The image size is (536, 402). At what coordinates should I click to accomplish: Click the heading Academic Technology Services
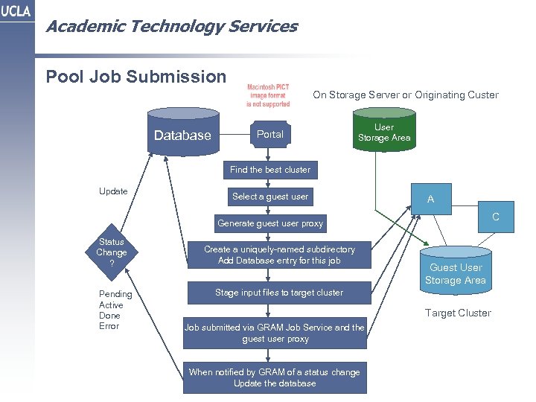coord(171,27)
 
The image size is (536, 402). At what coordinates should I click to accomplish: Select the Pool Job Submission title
coord(136,77)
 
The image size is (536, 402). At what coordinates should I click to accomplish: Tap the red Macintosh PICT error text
coord(268,96)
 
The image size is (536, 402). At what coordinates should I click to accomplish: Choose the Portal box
coord(269,135)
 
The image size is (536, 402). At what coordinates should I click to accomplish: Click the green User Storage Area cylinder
coord(384,130)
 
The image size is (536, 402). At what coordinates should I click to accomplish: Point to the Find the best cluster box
coord(269,170)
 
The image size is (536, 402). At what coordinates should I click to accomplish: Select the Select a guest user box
coord(269,197)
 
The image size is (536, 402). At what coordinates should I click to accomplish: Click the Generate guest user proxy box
coord(269,223)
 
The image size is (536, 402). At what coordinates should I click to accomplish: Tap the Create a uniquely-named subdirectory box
coord(279,255)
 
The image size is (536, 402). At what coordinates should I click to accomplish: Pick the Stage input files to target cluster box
coord(279,293)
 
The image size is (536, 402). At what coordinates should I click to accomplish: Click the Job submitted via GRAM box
coord(275,333)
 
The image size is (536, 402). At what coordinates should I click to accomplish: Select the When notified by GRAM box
coord(274,377)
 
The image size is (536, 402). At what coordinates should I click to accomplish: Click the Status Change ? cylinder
coord(112,253)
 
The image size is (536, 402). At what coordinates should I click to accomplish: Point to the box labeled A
coord(430,200)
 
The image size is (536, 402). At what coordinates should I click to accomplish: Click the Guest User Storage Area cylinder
coord(455,272)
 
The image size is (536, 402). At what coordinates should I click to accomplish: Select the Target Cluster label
coord(458,313)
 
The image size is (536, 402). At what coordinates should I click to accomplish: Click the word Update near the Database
coord(113,191)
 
